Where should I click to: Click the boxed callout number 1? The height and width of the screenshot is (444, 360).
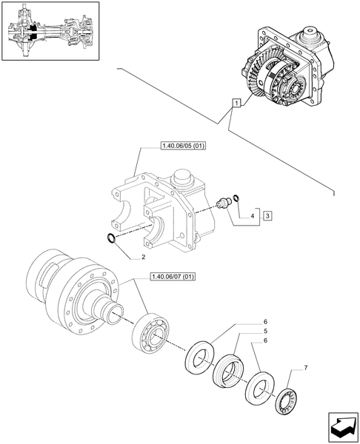pyautogui.click(x=236, y=103)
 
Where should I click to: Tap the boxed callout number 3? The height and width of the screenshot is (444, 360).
pyautogui.click(x=267, y=215)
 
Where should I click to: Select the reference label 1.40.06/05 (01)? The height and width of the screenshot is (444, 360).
pyautogui.click(x=182, y=146)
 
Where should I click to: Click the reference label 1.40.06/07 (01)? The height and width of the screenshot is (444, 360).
pyautogui.click(x=172, y=277)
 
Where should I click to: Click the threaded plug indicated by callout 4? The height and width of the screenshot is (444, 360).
pyautogui.click(x=221, y=203)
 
